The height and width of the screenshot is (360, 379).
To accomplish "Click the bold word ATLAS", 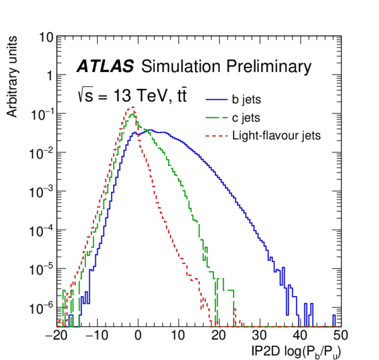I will (105, 66).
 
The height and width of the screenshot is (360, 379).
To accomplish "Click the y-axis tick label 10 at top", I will (45, 37).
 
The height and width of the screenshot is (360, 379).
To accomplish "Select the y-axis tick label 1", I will (48, 76).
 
